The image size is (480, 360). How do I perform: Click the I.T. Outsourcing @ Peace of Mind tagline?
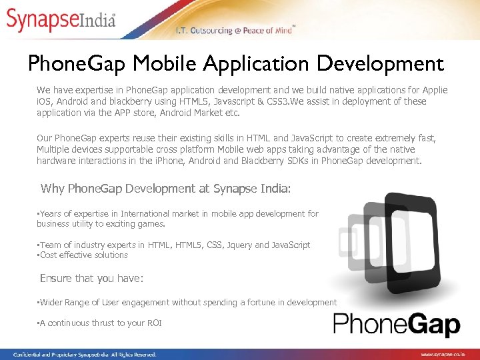(x=233, y=31)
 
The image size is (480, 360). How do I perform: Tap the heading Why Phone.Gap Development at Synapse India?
(x=165, y=189)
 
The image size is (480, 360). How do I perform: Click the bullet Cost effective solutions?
(x=83, y=255)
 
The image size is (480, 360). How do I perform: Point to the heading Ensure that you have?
(x=91, y=279)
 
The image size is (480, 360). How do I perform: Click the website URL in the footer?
(x=448, y=355)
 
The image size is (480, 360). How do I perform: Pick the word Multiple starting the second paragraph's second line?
(x=56, y=149)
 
